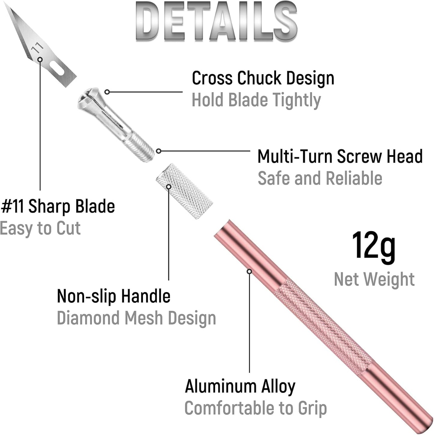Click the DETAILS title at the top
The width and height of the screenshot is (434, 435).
tap(216, 21)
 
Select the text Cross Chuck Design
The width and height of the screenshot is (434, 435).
tap(263, 78)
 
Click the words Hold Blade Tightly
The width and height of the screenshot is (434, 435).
tap(256, 100)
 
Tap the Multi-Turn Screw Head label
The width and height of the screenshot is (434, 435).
tap(340, 156)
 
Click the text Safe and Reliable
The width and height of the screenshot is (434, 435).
tap(320, 178)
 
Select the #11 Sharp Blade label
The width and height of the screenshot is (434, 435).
tap(58, 207)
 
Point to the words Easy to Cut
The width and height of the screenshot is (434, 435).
tap(40, 228)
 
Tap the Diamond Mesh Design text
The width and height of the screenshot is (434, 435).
tap(137, 318)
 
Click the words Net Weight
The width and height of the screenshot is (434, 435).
tap(374, 279)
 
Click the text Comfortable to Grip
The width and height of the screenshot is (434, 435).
tap(256, 409)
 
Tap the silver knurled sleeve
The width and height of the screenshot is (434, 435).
tap(184, 191)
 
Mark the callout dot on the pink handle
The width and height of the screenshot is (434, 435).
tap(249, 271)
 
